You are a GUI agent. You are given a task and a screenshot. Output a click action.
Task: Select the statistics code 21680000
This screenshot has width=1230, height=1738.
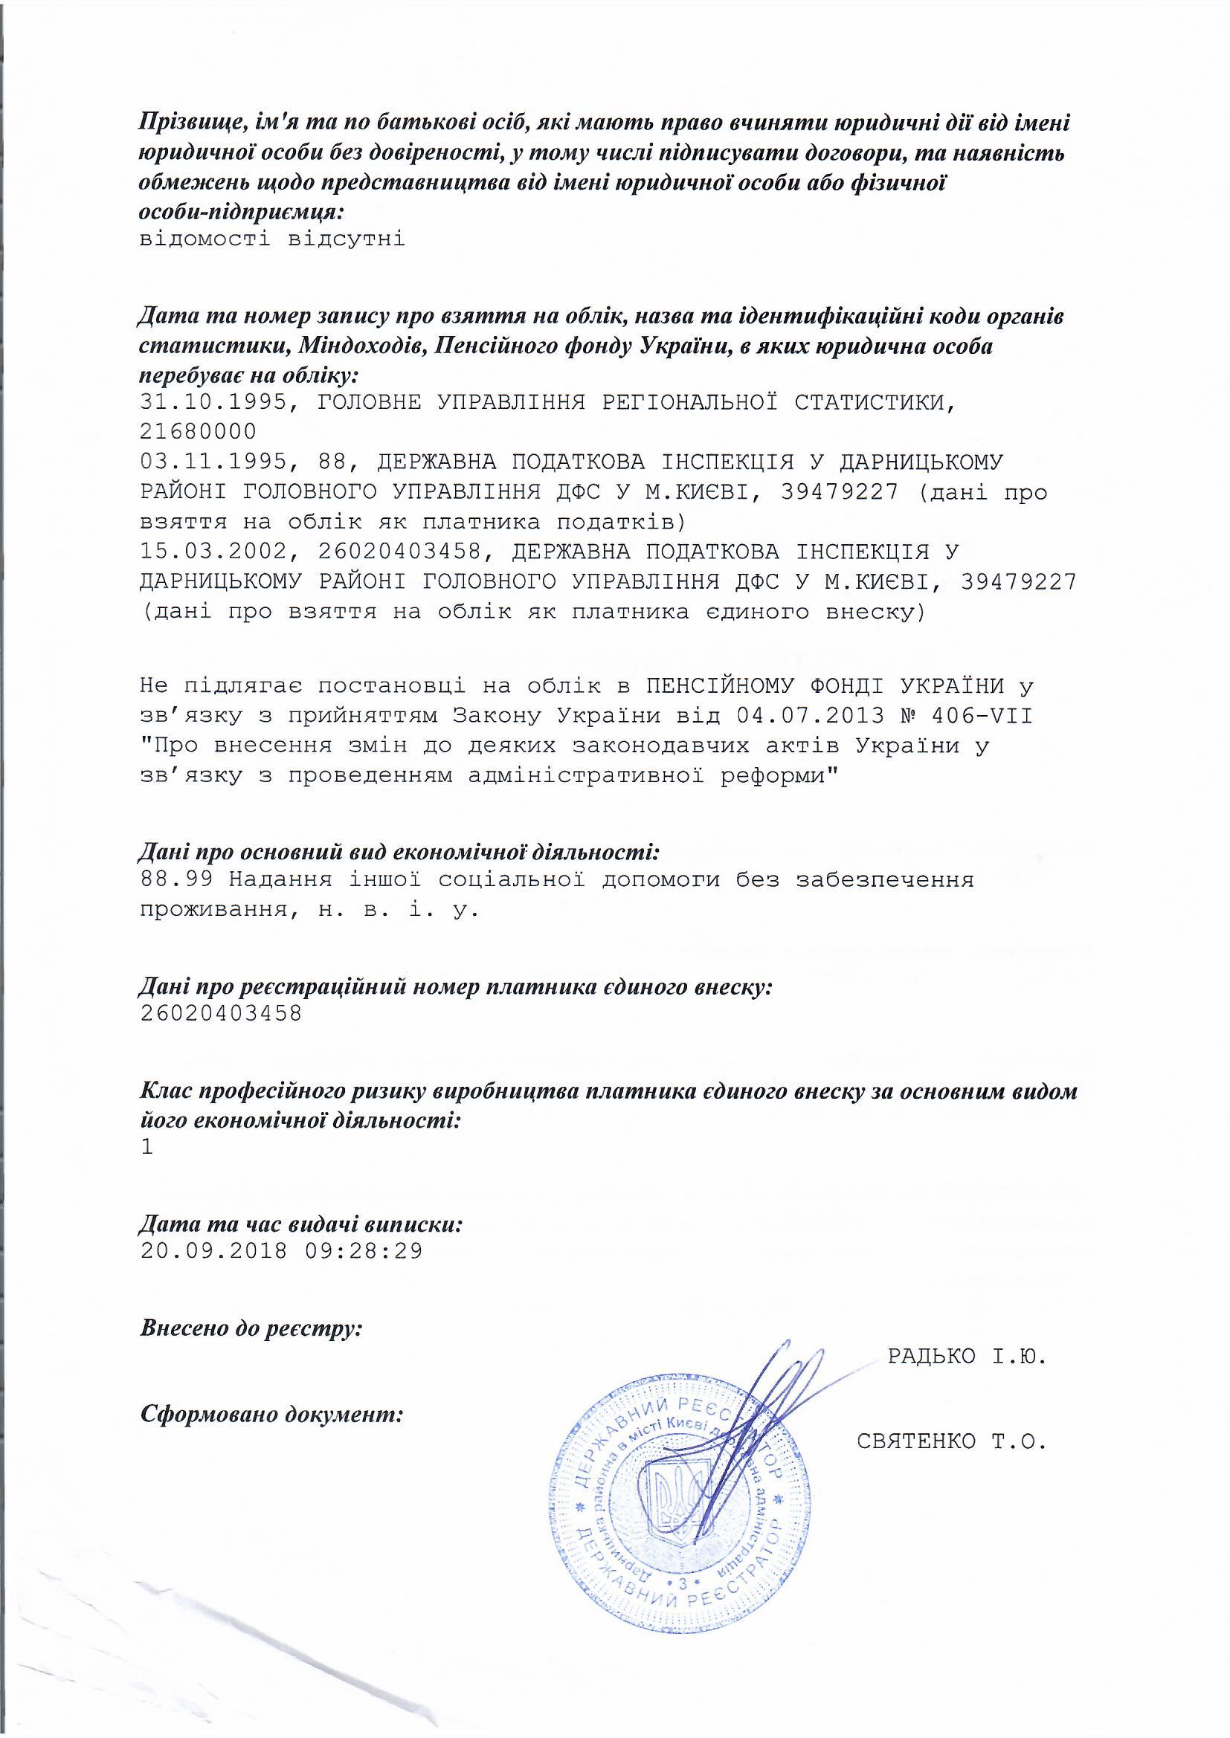click(199, 431)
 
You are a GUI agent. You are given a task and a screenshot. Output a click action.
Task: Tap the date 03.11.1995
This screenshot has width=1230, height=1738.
click(215, 462)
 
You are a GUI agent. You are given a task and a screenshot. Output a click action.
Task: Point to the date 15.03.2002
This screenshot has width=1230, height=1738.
click(215, 551)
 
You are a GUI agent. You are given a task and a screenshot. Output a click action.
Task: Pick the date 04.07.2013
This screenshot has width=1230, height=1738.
click(809, 715)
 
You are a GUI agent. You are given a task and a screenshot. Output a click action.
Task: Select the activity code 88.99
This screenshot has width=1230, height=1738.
click(176, 879)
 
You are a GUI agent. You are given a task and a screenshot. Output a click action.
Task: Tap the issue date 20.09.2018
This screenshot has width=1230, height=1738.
click(215, 1250)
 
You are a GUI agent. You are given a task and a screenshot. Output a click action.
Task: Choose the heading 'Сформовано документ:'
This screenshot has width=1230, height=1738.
click(271, 1412)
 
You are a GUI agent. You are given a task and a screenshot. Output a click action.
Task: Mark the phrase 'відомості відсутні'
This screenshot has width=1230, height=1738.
click(273, 240)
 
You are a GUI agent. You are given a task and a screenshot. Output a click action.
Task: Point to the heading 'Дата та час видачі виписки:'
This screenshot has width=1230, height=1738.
click(300, 1224)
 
